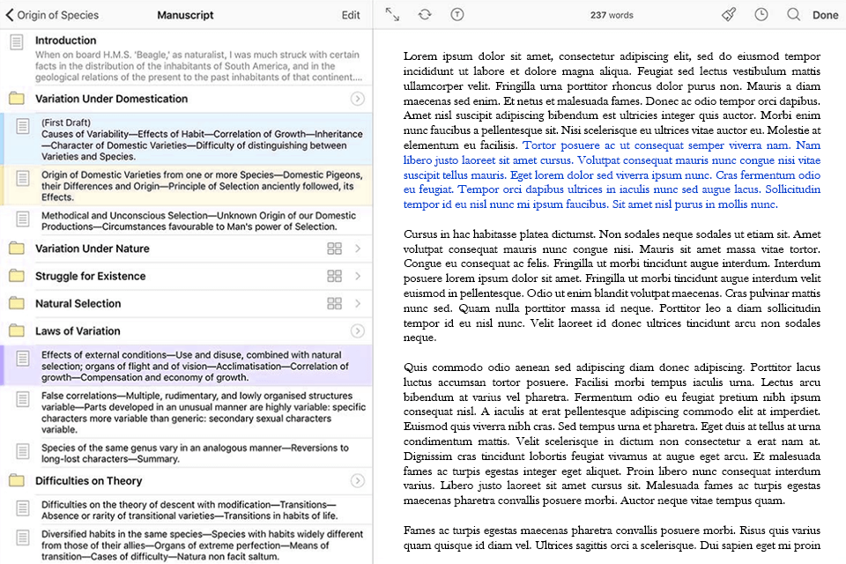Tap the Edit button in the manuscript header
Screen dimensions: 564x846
351,15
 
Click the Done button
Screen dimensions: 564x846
825,15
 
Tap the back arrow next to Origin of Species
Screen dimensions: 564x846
10,15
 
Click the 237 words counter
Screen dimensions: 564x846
612,15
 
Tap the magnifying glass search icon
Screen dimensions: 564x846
793,15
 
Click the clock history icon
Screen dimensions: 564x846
761,15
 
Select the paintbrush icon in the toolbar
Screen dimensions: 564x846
728,15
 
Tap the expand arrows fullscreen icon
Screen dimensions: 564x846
393,15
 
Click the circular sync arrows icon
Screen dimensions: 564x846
425,15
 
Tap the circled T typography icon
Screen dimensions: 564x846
456,15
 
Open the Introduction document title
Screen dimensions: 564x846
66,41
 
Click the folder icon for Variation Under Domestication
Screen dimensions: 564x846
17,99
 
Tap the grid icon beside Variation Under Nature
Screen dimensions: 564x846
334,249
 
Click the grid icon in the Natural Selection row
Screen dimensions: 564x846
334,303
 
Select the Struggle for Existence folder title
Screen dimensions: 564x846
90,276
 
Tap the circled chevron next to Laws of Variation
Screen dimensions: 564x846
357,331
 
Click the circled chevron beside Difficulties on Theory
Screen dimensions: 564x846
357,481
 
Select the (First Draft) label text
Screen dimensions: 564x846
66,122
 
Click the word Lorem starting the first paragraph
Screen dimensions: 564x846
420,56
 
